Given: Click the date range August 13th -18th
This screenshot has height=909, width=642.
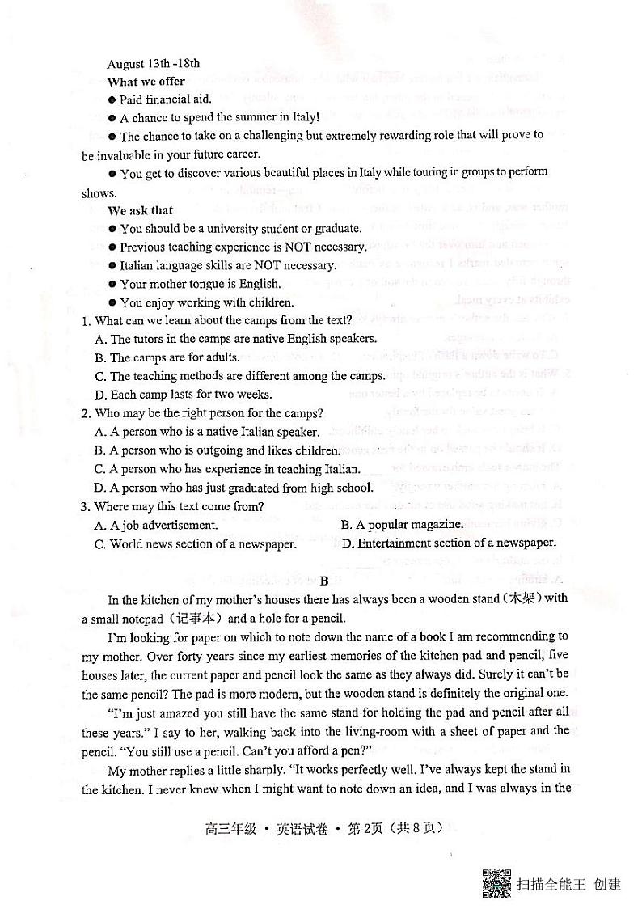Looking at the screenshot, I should point(153,63).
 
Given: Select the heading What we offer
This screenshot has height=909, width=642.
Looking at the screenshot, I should point(146,82).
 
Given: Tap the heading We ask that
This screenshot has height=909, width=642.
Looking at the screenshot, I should point(140,210).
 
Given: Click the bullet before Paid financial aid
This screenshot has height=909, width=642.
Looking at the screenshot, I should point(112,99).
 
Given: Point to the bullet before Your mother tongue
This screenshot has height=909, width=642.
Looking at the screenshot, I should point(112,285).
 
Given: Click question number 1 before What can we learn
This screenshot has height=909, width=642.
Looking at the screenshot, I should point(85,321).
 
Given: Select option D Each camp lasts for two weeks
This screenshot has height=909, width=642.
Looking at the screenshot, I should point(183,395).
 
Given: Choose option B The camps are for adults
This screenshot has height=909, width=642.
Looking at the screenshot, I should point(167,357).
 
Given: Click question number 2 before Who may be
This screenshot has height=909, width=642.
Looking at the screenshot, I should point(85,413).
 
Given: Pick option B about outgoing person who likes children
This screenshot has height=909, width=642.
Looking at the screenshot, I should point(217,450).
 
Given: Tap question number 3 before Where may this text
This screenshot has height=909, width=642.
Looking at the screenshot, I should point(85,507).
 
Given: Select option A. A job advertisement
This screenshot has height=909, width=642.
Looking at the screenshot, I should point(156,525).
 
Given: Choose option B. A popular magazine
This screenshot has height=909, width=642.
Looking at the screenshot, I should point(402,525).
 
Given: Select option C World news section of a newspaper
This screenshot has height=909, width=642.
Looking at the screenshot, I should point(195,544).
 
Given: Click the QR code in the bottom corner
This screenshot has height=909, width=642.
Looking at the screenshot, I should point(496,883).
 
